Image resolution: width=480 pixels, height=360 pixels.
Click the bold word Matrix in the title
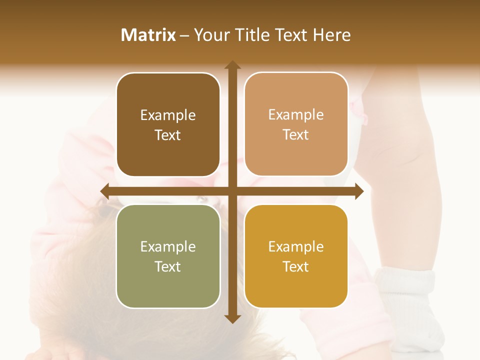pos(148,35)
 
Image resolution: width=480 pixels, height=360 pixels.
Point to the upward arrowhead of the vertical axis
pos(232,65)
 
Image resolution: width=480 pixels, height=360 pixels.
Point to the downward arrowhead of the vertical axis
pos(232,318)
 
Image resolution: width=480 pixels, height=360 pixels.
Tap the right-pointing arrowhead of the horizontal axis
pos(358,191)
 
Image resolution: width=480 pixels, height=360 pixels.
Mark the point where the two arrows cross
pos(232,191)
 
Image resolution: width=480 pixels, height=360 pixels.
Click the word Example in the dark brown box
pos(168,115)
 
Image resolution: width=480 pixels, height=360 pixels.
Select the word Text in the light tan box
pos(296,135)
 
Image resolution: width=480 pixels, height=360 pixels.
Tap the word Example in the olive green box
pos(168,247)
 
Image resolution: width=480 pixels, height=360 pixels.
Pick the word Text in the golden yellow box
pos(296,266)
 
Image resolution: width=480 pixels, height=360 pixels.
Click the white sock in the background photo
pos(407,305)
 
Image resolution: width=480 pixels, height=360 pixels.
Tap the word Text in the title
pos(288,35)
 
